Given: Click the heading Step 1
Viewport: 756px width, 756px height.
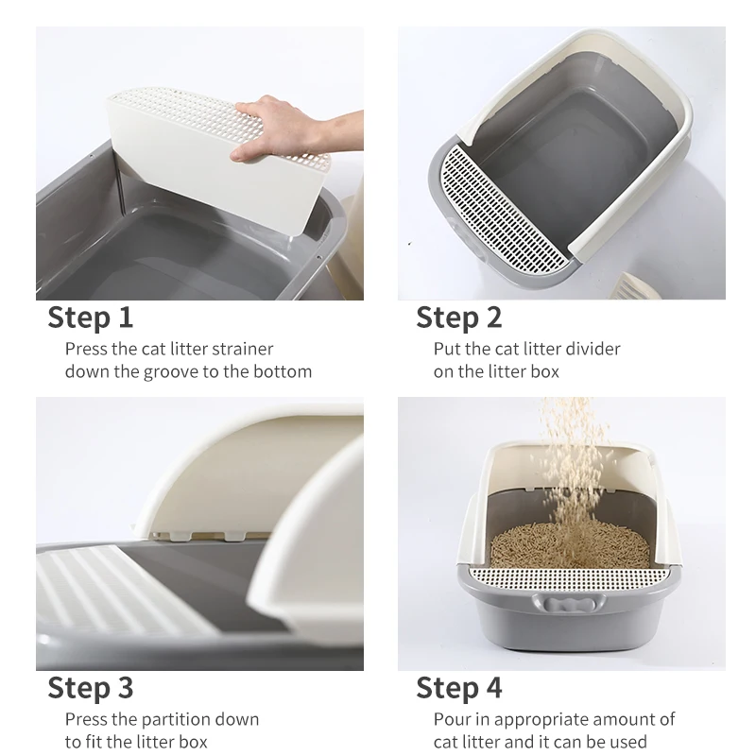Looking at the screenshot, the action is (90, 318).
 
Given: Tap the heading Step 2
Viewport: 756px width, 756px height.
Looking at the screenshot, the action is (459, 318).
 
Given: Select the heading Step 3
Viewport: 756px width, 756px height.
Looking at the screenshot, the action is (90, 688).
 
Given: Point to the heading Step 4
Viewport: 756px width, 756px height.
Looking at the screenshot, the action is (459, 688).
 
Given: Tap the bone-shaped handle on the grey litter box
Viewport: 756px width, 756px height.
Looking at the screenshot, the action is (569, 605).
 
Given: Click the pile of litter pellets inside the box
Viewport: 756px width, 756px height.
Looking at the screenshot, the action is (569, 545).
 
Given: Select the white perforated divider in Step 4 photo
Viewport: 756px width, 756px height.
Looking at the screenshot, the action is (569, 575).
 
